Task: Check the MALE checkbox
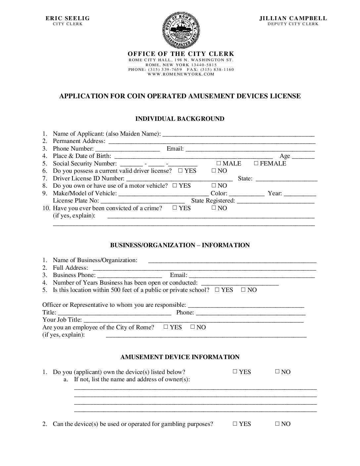click(219, 163)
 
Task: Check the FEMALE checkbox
click(256, 163)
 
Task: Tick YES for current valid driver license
click(180, 170)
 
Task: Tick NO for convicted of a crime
click(214, 208)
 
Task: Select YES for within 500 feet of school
click(217, 290)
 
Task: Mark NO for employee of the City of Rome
click(192, 327)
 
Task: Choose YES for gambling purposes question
click(235, 424)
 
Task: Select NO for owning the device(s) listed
click(277, 372)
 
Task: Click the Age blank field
click(303, 157)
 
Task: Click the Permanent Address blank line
click(212, 142)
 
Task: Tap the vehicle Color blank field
click(247, 194)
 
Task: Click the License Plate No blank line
click(142, 201)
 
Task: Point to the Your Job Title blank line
click(194, 320)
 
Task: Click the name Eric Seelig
click(67, 19)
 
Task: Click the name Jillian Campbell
click(293, 19)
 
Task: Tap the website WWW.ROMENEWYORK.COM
click(181, 74)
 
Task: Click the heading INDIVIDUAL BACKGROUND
click(180, 119)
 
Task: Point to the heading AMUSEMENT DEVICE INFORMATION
click(180, 357)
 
